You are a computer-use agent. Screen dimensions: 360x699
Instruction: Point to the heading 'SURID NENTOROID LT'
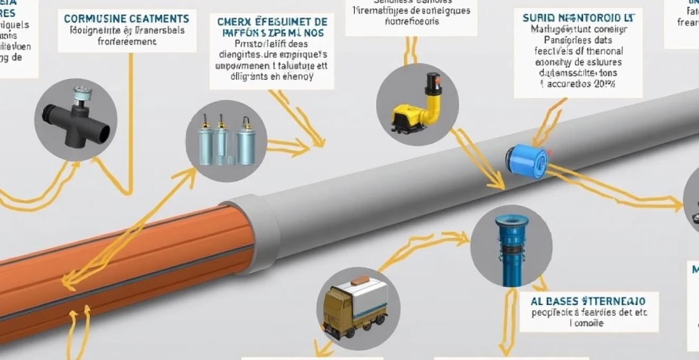click(578, 17)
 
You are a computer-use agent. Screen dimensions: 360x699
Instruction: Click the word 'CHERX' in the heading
click(234, 22)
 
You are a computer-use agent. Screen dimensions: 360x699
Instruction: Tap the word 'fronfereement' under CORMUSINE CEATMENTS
click(127, 42)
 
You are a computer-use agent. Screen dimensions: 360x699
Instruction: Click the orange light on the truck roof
click(360, 280)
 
